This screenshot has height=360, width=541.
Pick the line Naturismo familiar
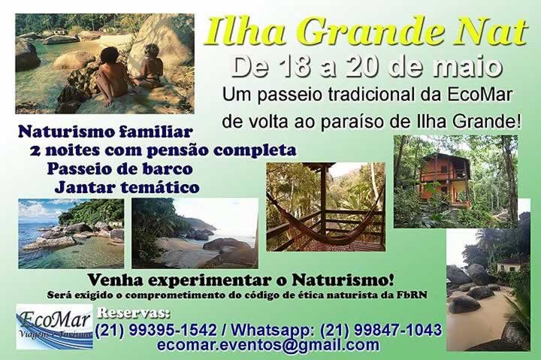(105, 132)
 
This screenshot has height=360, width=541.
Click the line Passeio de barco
(119, 169)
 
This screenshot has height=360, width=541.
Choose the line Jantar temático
(127, 187)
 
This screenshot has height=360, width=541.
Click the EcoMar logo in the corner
(54, 325)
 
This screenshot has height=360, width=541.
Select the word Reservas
(133, 313)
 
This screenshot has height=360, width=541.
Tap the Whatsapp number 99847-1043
(397, 330)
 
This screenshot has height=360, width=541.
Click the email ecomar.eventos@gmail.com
(268, 345)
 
